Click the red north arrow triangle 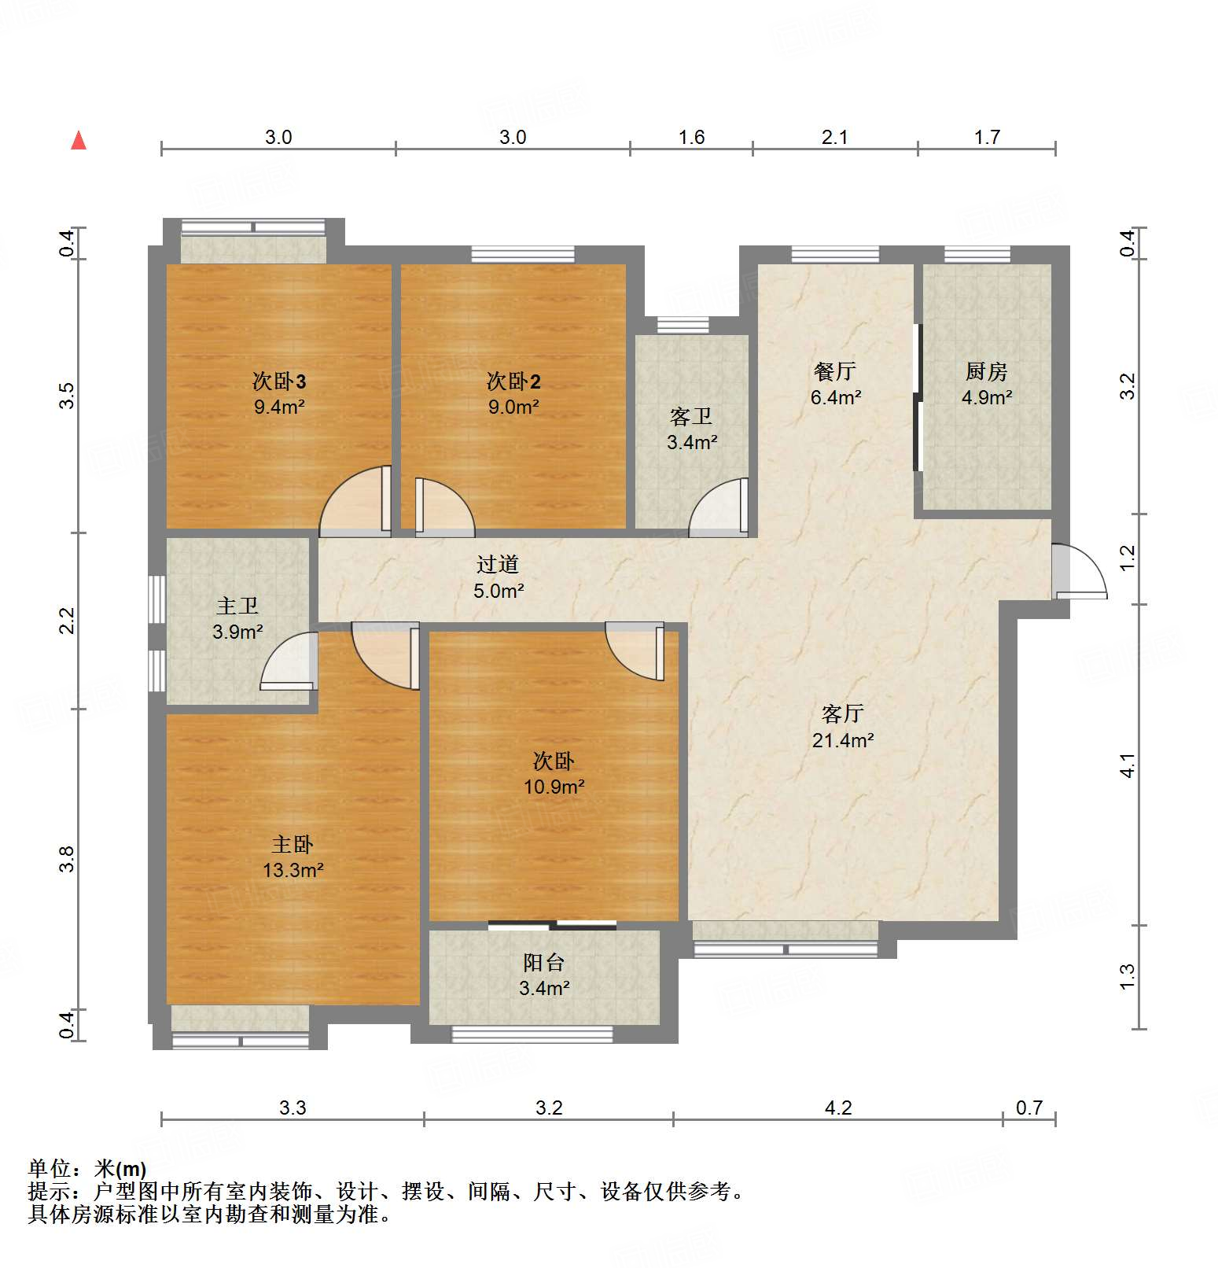click(79, 141)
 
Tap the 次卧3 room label click(279, 382)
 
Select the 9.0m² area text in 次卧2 click(513, 407)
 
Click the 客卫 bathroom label click(691, 416)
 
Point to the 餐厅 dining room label click(835, 370)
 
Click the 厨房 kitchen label click(986, 370)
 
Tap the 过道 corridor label click(498, 564)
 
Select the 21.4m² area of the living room click(843, 740)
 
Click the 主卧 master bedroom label click(293, 844)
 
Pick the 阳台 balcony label click(544, 962)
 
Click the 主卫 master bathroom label click(237, 606)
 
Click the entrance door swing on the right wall click(1079, 572)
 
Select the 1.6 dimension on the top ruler click(691, 138)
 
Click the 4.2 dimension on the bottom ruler click(838, 1108)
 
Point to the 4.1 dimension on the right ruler click(1128, 765)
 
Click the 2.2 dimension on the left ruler click(68, 620)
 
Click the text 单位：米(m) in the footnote click(87, 1169)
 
